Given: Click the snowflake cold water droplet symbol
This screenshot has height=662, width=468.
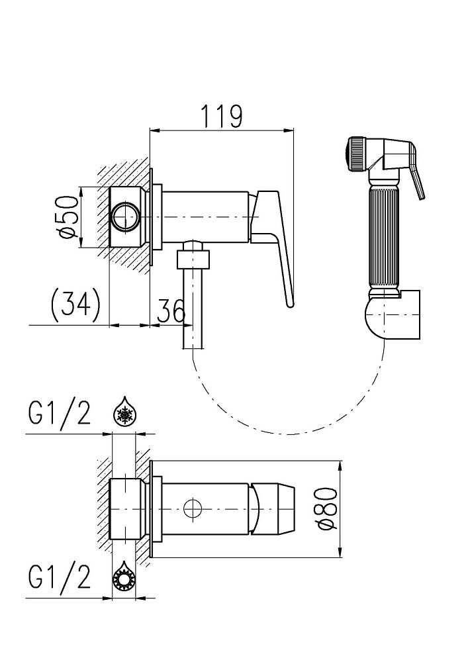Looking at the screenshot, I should pyautogui.click(x=122, y=413).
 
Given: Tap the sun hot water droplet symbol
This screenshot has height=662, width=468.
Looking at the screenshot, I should pyautogui.click(x=122, y=577).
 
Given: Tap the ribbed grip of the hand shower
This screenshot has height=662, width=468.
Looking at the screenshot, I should pyautogui.click(x=383, y=232).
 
